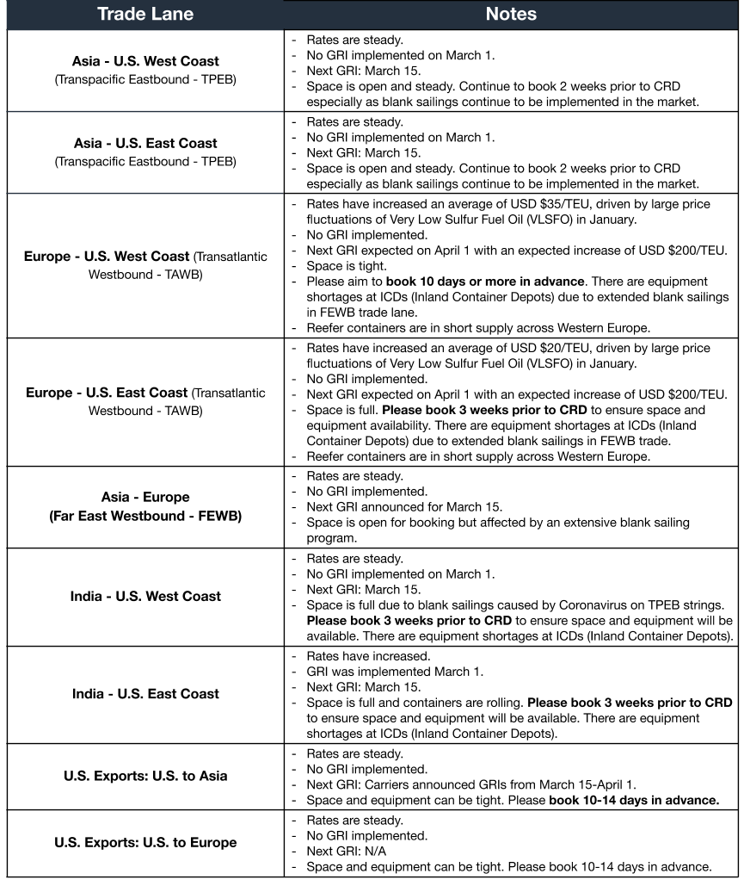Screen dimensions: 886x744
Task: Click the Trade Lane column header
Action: pyautogui.click(x=145, y=14)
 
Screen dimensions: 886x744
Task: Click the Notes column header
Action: pyautogui.click(x=511, y=14)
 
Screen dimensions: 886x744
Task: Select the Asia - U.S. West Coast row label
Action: pyautogui.click(x=145, y=62)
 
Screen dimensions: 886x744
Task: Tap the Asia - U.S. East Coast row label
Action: pyautogui.click(x=145, y=144)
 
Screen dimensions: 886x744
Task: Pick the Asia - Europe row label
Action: pyautogui.click(x=145, y=498)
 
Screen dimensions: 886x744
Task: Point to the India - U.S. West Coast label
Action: pyautogui.click(x=145, y=596)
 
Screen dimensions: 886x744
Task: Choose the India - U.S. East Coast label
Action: pyautogui.click(x=145, y=694)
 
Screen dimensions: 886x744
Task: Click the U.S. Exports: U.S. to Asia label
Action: pyautogui.click(x=145, y=776)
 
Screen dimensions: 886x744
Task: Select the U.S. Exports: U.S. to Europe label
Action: pyautogui.click(x=145, y=842)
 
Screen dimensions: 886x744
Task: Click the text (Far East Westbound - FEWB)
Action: pyautogui.click(x=145, y=516)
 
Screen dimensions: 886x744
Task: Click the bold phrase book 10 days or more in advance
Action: pyautogui.click(x=486, y=282)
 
